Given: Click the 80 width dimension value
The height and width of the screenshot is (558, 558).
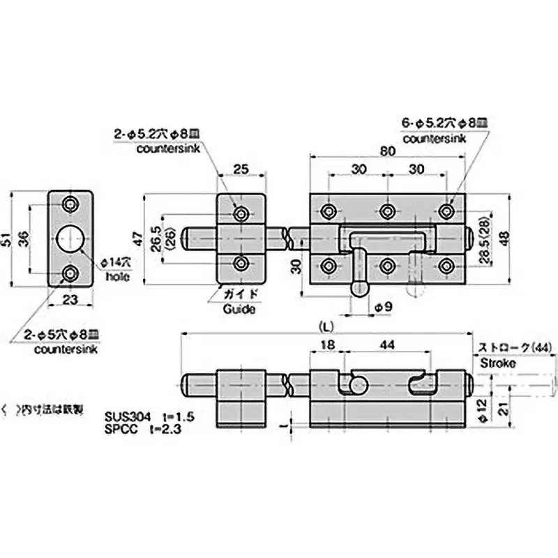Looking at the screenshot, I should tap(388, 151).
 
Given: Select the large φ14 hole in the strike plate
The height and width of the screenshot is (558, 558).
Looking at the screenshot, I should tap(69, 239).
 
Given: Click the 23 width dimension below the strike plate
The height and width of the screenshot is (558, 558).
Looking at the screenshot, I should tap(69, 301).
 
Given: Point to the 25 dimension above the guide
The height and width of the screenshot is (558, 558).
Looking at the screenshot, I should tap(241, 168).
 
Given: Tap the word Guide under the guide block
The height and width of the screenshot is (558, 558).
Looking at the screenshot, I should tap(237, 309).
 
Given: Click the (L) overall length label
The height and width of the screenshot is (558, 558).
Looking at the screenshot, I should tap(325, 326).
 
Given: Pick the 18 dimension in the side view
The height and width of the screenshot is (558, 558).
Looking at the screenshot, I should tap(327, 345).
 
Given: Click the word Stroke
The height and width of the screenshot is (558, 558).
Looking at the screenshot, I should tap(497, 363).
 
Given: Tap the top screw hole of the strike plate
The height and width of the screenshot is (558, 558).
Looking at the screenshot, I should tap(69, 204).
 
